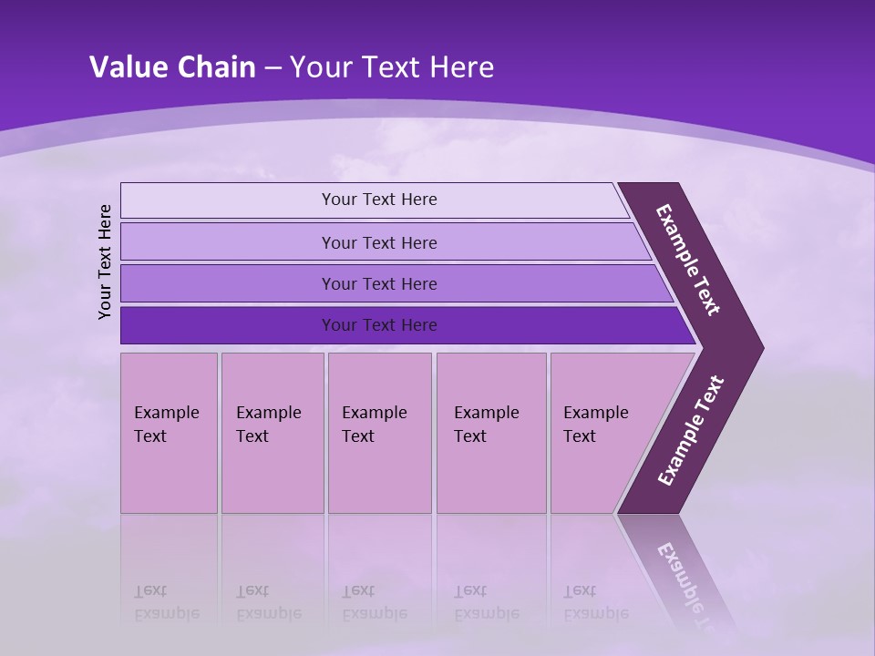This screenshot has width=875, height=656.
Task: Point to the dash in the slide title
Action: coord(273,68)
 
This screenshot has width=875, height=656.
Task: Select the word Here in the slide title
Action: coord(461,67)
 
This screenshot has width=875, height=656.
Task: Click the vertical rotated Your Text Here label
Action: coord(105,261)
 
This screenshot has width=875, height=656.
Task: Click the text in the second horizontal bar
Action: coord(379,242)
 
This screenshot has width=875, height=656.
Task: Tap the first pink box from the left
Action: coord(169,433)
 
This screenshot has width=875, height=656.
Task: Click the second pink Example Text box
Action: coord(272,433)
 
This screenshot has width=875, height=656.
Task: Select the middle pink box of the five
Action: coord(379,433)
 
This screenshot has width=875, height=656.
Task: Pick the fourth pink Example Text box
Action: coord(491,433)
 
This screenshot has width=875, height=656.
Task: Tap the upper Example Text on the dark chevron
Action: coord(688,260)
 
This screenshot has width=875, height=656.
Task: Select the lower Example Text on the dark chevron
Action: coord(691,430)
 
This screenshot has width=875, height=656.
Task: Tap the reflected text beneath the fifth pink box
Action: coord(595,602)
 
